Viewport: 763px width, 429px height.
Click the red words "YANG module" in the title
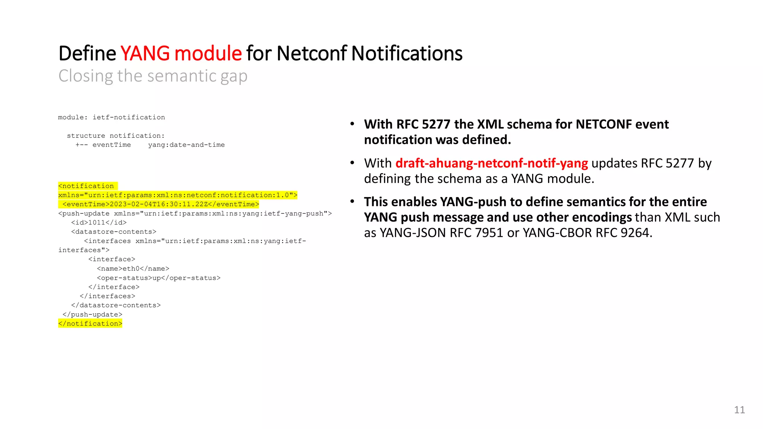pos(181,54)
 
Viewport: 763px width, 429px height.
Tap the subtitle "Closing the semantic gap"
pos(153,76)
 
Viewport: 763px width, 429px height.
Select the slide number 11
pos(739,410)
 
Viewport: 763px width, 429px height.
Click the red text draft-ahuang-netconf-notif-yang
pos(491,163)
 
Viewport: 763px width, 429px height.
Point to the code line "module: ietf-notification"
pos(111,118)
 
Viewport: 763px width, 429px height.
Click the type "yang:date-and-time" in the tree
pos(186,145)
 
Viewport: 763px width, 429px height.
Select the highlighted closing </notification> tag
pos(90,324)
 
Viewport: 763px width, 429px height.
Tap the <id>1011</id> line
pos(99,223)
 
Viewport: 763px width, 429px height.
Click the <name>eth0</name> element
pos(133,269)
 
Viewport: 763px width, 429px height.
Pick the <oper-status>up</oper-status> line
pos(159,278)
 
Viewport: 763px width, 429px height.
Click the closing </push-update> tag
pos(92,315)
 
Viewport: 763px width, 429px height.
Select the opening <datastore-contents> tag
pos(114,232)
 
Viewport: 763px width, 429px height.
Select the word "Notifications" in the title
pos(407,54)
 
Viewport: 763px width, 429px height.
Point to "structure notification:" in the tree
pos(115,136)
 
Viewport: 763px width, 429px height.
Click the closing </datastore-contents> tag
pos(116,305)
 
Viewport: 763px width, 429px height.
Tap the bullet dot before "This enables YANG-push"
pos(352,201)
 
